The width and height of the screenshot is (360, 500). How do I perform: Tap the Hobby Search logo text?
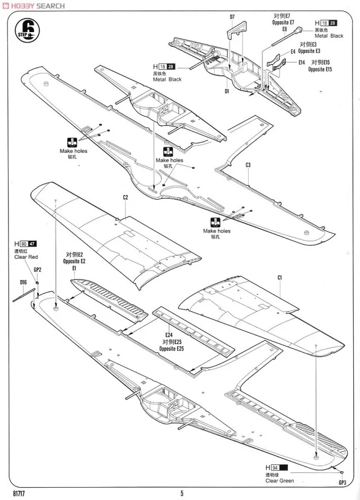click(x=34, y=6)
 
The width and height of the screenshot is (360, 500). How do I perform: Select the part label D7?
click(x=232, y=17)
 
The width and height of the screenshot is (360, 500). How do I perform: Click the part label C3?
click(x=248, y=164)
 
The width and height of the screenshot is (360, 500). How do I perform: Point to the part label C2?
click(x=125, y=197)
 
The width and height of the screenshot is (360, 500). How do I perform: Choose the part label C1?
click(x=280, y=278)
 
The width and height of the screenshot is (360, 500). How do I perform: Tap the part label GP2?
click(x=38, y=269)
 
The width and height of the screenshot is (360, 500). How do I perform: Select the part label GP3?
click(x=343, y=482)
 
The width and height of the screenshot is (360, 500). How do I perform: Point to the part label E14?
click(x=302, y=62)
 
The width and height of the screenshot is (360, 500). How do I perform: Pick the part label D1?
click(x=227, y=91)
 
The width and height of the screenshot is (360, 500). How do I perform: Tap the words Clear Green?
click(x=280, y=481)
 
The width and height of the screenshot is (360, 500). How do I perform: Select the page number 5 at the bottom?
click(x=182, y=494)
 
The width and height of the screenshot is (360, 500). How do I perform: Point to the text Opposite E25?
click(x=172, y=349)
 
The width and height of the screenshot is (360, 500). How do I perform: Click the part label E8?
click(x=285, y=29)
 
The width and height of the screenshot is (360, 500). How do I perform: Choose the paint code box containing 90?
click(x=22, y=244)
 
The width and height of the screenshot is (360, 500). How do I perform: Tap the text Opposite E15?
click(x=320, y=69)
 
